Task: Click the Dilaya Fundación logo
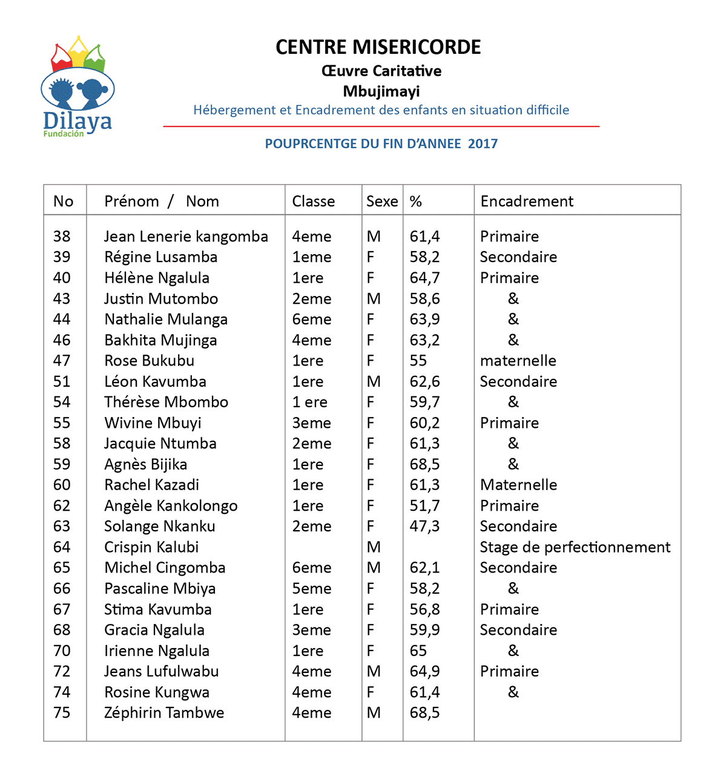[76, 88]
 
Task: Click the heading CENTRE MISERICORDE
[378, 47]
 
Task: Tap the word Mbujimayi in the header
[381, 91]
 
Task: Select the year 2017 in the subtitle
[483, 144]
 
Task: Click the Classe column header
[313, 202]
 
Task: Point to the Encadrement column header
[527, 202]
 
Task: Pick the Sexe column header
[382, 202]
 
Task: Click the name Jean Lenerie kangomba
[186, 237]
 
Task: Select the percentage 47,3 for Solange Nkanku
[424, 526]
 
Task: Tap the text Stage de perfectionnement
[575, 547]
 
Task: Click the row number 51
[62, 382]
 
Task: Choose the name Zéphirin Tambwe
[164, 713]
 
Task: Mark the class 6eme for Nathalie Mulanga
[312, 320]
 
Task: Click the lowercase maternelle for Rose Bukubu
[518, 361]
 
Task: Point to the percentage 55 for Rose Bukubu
[418, 361]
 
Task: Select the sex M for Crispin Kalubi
[374, 547]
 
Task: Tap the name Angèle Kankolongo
[171, 506]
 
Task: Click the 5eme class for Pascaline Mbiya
[312, 589]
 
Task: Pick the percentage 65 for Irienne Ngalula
[418, 651]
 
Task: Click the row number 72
[62, 672]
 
